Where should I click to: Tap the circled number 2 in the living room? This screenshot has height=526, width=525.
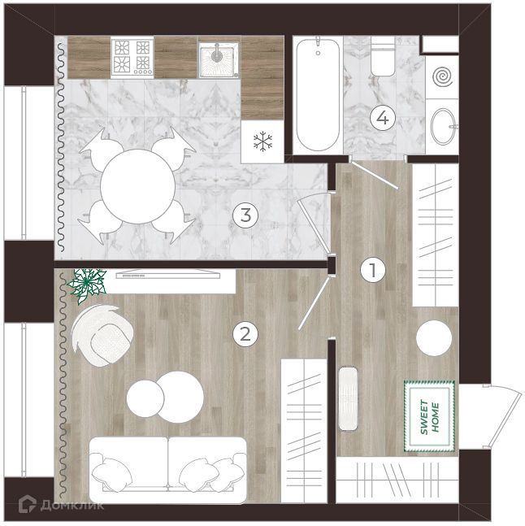click(245, 334)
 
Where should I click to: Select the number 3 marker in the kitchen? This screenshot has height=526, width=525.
click(245, 215)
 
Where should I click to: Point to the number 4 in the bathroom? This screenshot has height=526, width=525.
click(383, 118)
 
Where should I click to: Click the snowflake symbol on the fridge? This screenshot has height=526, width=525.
click(262, 141)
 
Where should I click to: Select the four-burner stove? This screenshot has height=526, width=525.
click(132, 57)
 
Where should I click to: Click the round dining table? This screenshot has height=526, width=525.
click(138, 186)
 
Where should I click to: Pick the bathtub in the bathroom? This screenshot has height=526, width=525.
click(318, 95)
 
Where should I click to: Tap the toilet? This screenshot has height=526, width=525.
click(383, 57)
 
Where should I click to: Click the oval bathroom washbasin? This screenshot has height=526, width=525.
click(443, 127)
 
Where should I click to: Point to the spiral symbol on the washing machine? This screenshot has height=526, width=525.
click(443, 77)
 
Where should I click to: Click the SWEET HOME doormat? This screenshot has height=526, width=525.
click(429, 416)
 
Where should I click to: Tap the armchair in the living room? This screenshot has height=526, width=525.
click(102, 336)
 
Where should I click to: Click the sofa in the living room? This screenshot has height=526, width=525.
click(168, 470)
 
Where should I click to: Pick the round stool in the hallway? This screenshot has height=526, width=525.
click(434, 338)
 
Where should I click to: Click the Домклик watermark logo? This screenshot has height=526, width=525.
click(61, 505)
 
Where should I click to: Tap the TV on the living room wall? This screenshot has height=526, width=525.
click(168, 275)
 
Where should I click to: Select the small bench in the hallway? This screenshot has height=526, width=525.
click(348, 399)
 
